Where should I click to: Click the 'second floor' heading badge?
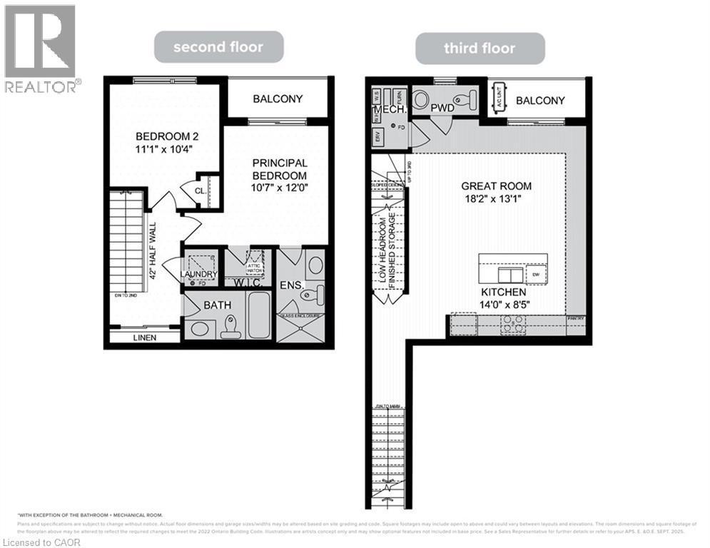coord(219,48)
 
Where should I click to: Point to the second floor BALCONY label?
coord(277,99)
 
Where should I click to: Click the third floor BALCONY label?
coord(540,101)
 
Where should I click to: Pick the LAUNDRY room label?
coord(199,274)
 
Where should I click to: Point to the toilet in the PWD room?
coord(469,101)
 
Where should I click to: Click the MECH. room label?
coord(390,111)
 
